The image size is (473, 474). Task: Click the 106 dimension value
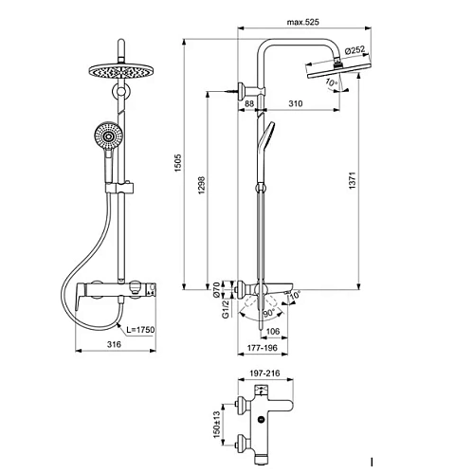pyautogui.click(x=273, y=331)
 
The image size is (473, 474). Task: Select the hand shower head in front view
pyautogui.click(x=111, y=138)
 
